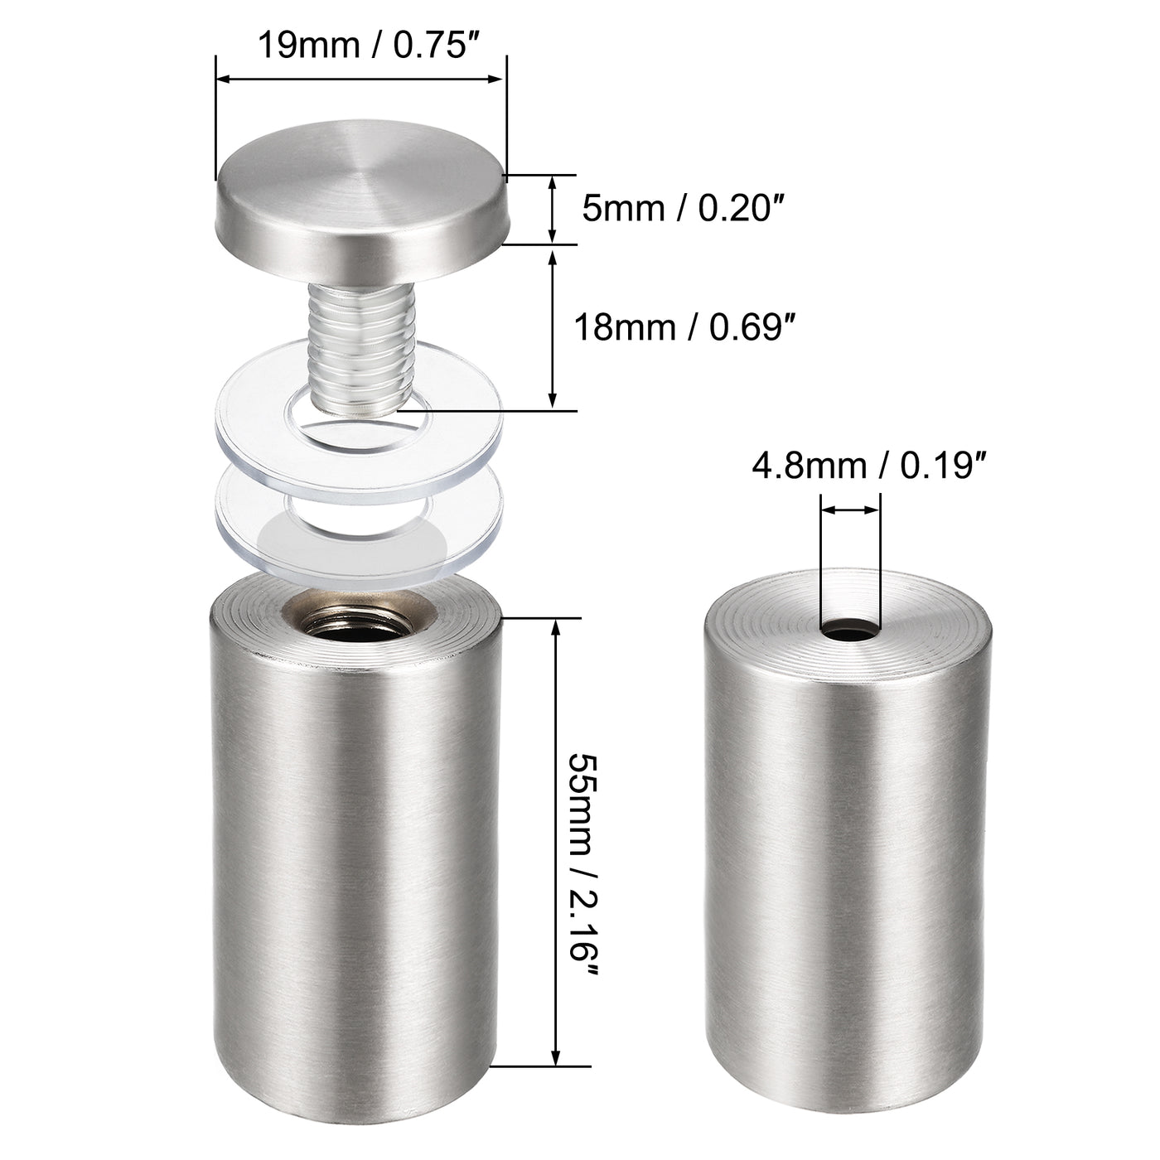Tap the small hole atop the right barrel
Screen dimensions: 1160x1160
click(x=850, y=631)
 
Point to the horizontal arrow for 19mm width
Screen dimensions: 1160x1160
click(x=360, y=79)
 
